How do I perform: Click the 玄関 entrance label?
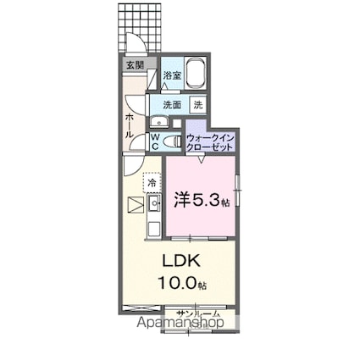click(x=135, y=64)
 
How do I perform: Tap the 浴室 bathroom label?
click(x=171, y=75)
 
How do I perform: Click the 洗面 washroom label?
click(x=172, y=105)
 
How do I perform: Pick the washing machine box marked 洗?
click(x=197, y=105)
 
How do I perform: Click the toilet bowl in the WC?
click(x=169, y=141)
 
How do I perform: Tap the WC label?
click(x=157, y=141)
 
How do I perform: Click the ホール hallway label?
click(x=129, y=125)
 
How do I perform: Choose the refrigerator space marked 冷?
click(x=152, y=181)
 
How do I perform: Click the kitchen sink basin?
click(x=154, y=204)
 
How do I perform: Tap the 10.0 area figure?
click(x=176, y=284)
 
